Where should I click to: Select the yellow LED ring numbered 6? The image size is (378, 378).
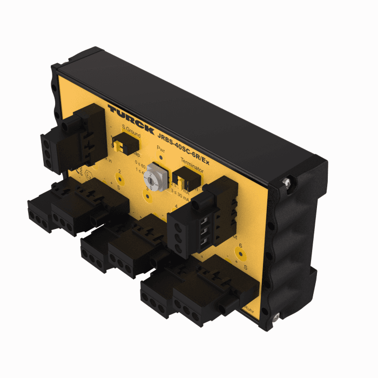coord(241,254)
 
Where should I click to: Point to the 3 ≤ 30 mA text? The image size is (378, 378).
coord(180,198)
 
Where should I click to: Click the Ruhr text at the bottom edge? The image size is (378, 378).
coord(249,310)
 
